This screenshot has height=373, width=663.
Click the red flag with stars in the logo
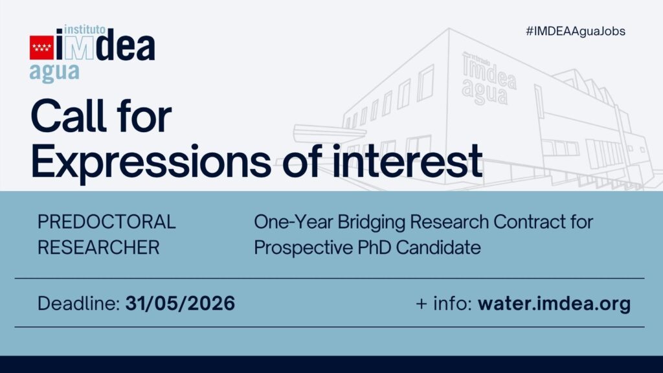coord(41,48)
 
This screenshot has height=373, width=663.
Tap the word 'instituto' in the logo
coord(85,30)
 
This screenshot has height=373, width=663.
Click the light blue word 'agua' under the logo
coord(54,73)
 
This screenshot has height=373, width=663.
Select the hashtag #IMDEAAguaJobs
coord(576,31)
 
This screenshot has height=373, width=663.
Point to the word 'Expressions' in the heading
coord(151,161)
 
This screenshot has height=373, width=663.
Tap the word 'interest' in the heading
coord(407,161)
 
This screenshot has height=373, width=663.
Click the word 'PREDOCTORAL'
coord(107,222)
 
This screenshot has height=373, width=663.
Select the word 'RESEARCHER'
coord(98,247)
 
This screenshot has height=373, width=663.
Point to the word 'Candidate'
coord(438,247)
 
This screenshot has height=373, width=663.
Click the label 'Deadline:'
coord(79,304)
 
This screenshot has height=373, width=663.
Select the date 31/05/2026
coord(181,304)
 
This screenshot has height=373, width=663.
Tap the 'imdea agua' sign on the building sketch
coord(488,78)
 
